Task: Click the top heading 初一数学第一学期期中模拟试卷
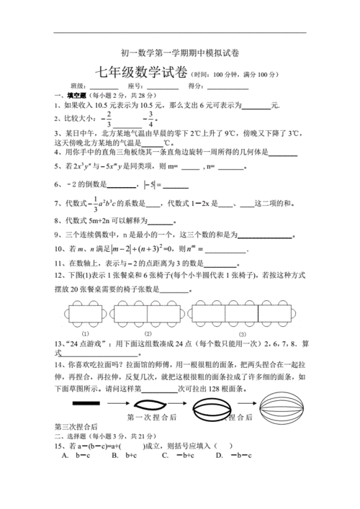[x=179, y=54]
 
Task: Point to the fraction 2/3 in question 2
[x=109, y=119]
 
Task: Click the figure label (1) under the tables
[x=86, y=333]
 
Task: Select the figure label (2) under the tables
[x=147, y=333]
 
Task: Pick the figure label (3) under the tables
[x=242, y=333]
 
